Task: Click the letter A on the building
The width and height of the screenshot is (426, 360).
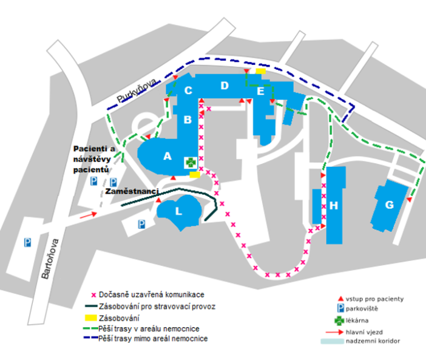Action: pos(167,156)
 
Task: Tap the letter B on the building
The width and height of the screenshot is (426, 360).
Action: pos(188,120)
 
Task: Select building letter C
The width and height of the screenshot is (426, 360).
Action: pos(189,91)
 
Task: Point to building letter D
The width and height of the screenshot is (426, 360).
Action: pos(224,86)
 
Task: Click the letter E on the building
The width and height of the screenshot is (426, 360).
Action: pos(260,92)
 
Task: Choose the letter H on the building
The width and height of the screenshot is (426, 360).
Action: pos(333,206)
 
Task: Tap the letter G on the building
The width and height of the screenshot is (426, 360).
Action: pos(390,204)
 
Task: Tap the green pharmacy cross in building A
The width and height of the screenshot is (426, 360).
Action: pos(191,162)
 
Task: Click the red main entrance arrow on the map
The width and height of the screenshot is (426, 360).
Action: pos(87,214)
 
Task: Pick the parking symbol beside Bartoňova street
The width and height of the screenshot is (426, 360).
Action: pos(27,243)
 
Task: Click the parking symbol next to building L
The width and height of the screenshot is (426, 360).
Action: pos(141,224)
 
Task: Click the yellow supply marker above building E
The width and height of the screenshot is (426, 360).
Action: pos(260,72)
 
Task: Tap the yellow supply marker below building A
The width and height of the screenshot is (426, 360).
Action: pos(194,175)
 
